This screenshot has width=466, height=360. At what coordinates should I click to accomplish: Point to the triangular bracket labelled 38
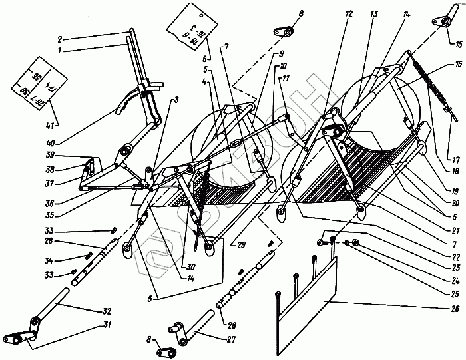click(89, 174)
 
